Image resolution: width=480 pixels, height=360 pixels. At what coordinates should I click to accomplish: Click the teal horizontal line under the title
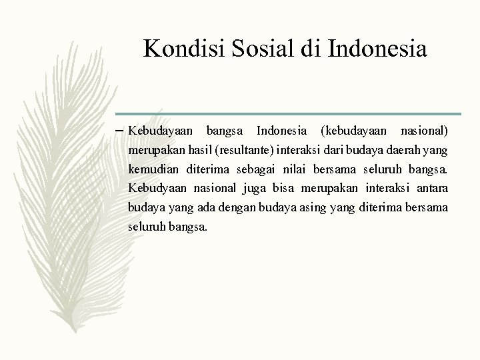click(x=287, y=113)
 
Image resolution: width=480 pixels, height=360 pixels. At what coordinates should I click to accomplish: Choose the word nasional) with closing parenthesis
click(x=425, y=129)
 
